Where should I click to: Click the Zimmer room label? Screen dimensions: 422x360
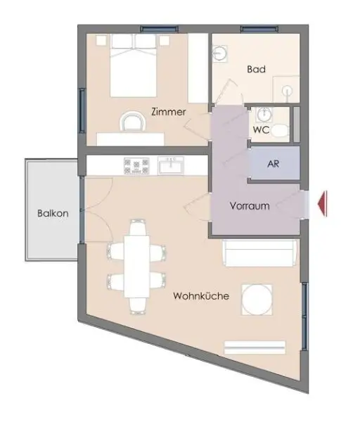pos(168,111)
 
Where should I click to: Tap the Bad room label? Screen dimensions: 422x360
pos(255,70)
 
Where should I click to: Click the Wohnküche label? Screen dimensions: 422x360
pos(201,297)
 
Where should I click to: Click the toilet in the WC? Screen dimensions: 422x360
pos(281,130)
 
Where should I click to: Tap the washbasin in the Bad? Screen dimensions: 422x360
pos(219,53)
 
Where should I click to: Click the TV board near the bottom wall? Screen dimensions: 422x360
pos(255,347)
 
